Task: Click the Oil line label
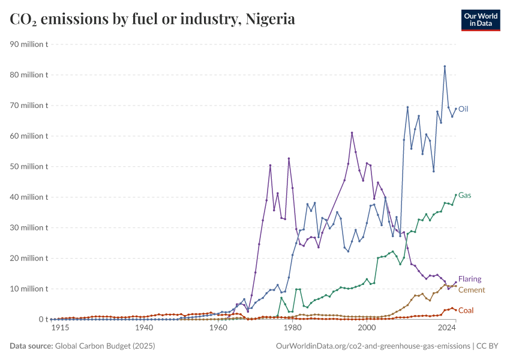click(x=463, y=109)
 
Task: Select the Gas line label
click(x=464, y=196)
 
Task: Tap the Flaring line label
click(x=470, y=279)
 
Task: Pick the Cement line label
click(x=471, y=290)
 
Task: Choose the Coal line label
click(x=466, y=310)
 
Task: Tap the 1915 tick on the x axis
click(x=59, y=328)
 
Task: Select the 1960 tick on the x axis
click(x=218, y=328)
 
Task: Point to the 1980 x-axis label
click(x=292, y=328)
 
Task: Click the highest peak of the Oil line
click(x=445, y=66)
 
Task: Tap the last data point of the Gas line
click(x=456, y=194)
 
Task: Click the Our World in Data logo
click(x=481, y=20)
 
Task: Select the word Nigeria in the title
click(x=269, y=19)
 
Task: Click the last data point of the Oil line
click(x=456, y=109)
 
